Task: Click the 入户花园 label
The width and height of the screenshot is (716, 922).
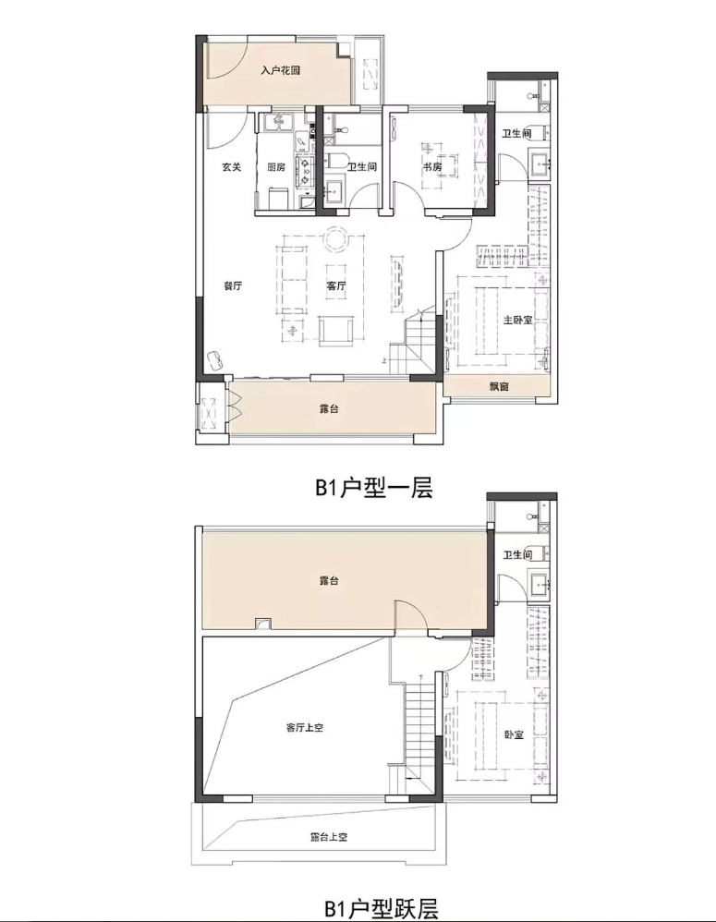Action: tap(281, 70)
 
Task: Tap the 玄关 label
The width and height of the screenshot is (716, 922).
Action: tap(232, 167)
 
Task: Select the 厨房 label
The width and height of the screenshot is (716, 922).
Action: tap(276, 167)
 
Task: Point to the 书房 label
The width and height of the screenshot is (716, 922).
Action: tap(432, 167)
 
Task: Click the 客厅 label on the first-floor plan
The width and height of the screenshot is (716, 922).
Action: tap(335, 286)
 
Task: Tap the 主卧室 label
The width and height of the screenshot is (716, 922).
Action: tap(518, 320)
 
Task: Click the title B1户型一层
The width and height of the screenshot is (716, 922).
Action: tap(374, 488)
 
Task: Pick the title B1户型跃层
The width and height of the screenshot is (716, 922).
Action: tap(381, 909)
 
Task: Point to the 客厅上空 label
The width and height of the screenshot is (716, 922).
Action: tap(305, 727)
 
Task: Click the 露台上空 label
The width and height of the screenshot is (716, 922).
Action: tap(329, 837)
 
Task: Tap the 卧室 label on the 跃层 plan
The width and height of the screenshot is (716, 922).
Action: tap(514, 734)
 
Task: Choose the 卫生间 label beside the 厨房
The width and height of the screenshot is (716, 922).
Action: tap(361, 167)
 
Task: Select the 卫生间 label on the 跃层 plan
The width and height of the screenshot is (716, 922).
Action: tap(518, 554)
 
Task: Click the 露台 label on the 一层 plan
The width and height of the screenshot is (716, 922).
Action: tap(329, 408)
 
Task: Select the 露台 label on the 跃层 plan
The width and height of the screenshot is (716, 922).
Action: tap(329, 581)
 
